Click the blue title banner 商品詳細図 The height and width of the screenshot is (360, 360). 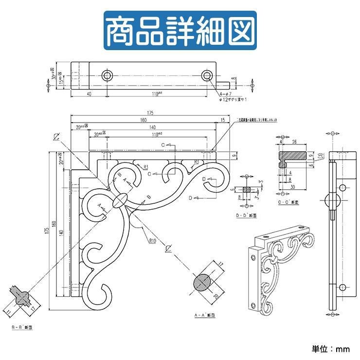pos(180,30)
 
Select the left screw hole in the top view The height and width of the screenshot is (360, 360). pos(108,75)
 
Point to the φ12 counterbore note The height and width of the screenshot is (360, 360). pos(233,99)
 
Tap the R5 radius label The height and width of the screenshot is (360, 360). pos(197,162)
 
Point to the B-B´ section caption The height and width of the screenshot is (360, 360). pos(21,328)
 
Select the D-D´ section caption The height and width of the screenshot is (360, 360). pos(247,214)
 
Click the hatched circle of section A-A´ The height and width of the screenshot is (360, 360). pos(202,282)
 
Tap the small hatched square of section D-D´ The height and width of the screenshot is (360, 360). pos(247,189)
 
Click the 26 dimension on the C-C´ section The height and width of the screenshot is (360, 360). pos(295,143)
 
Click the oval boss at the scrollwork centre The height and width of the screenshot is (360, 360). pos(121,200)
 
